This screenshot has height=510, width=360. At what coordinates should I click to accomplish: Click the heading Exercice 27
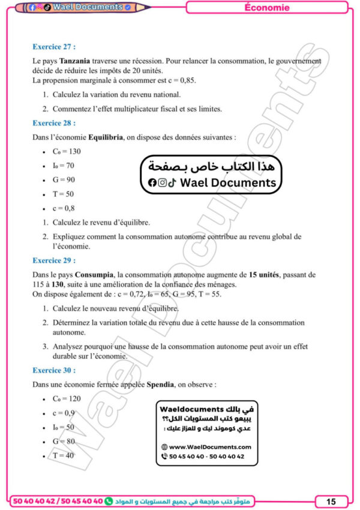(54, 46)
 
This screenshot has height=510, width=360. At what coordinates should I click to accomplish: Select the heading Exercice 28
(54, 123)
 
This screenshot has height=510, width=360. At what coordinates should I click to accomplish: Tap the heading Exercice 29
(54, 260)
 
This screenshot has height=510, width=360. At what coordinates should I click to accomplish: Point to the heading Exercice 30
(54, 370)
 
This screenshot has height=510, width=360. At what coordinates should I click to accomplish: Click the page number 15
(331, 501)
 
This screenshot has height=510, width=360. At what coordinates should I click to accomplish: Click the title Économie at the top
(267, 8)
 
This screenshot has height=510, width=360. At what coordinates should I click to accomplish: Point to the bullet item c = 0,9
(64, 413)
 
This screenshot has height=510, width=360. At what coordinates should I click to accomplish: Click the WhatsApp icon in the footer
(109, 500)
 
